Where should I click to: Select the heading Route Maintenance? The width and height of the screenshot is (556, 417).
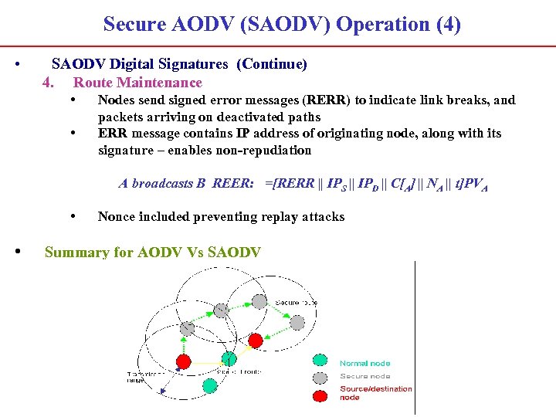pos(137,83)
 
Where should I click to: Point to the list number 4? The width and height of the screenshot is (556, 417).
pos(49,83)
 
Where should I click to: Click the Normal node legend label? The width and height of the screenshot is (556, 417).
pos(364,363)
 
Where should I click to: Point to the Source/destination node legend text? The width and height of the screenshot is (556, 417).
pos(375,393)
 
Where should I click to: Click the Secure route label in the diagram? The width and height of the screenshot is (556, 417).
pos(295,302)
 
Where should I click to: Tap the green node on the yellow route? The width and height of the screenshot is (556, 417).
pos(229,359)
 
